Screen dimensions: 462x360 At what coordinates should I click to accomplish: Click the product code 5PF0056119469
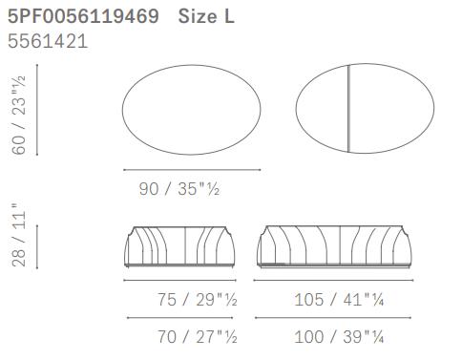(x=83, y=16)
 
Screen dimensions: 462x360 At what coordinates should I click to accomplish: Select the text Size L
(x=206, y=16)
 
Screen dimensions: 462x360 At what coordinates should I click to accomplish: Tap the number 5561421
(x=48, y=41)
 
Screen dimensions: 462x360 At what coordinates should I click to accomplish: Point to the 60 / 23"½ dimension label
(x=18, y=115)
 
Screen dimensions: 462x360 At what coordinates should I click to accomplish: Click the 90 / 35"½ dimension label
(x=179, y=189)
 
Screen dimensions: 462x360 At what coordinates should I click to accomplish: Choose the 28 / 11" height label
(x=18, y=235)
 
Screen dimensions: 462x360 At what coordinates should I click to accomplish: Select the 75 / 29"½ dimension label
(x=198, y=300)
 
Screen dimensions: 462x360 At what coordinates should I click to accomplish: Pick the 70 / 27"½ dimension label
(x=198, y=337)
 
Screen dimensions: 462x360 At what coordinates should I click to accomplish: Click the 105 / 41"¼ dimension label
(x=339, y=300)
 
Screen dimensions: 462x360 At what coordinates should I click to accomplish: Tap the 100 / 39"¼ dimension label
(x=339, y=337)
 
